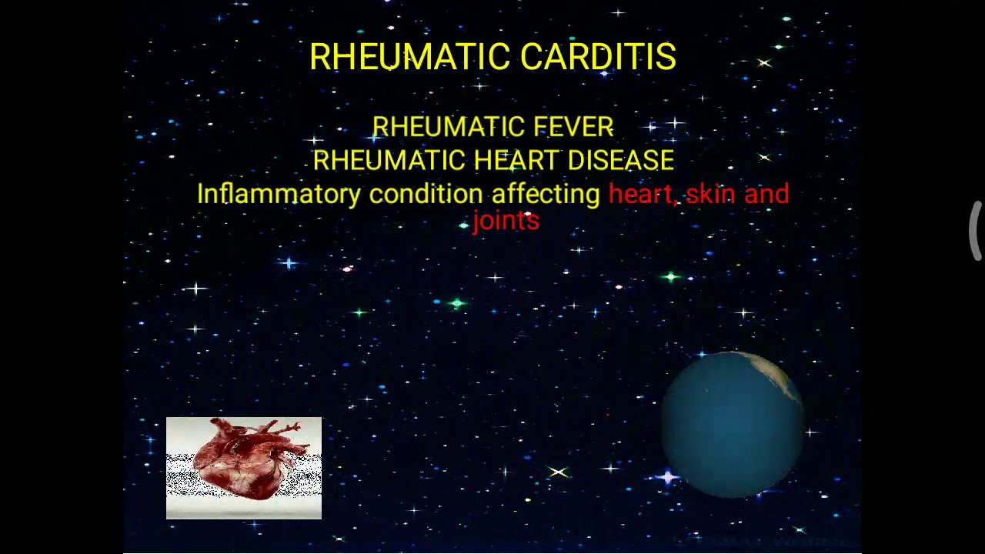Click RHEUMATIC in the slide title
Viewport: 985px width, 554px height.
(409, 57)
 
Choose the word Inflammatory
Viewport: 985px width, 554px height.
(278, 194)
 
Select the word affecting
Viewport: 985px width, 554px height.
(545, 194)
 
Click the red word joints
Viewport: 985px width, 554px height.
(506, 221)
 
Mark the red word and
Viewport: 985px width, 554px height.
(766, 194)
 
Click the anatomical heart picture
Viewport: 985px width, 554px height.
(244, 468)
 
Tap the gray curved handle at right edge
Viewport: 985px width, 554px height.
(975, 231)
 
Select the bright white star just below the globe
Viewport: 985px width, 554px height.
(668, 479)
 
